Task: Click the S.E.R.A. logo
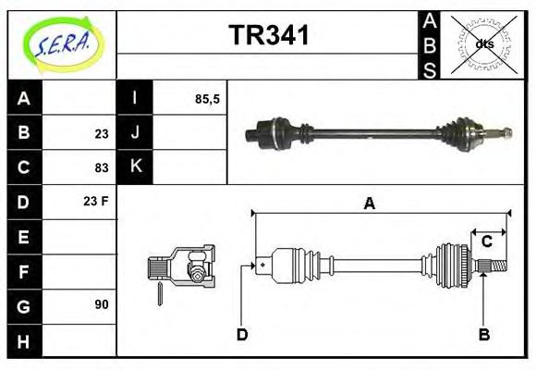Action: (x=62, y=43)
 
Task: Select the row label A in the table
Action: (x=24, y=98)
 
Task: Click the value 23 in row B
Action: (x=102, y=133)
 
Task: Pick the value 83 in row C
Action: (x=102, y=167)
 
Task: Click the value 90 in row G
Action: (x=102, y=304)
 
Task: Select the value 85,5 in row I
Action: (x=207, y=98)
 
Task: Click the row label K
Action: (x=135, y=167)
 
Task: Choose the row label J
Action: (x=135, y=133)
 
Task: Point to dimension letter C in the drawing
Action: (x=486, y=242)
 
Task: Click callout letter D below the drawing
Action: (x=242, y=334)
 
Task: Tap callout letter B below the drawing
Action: (x=483, y=334)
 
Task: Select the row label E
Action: (x=24, y=237)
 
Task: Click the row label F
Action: (x=24, y=271)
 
